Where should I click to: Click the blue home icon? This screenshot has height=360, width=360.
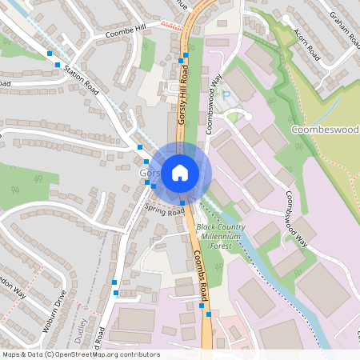(180, 172)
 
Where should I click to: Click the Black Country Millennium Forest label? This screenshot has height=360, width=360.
(221, 236)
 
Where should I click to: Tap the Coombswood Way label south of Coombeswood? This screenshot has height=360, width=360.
(291, 212)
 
